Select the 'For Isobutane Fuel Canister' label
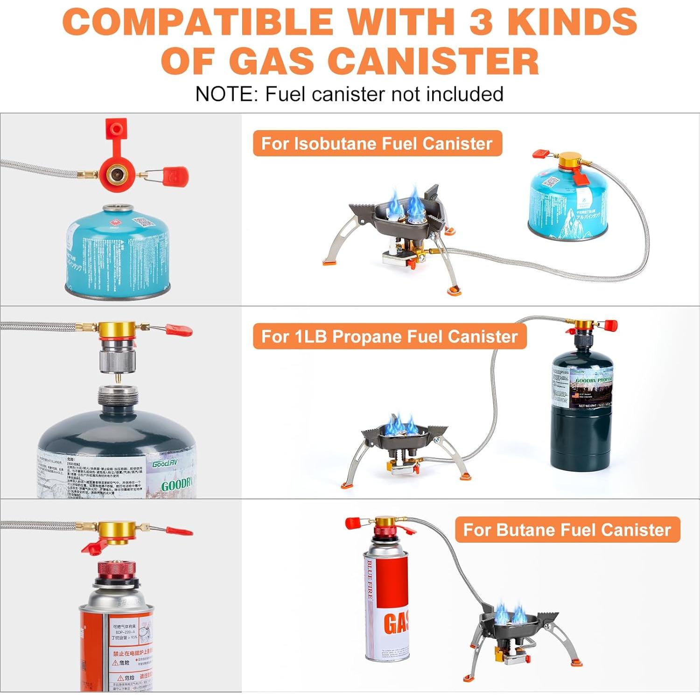(x=377, y=143)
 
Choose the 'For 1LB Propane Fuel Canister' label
(x=389, y=336)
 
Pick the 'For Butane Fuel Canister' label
(x=567, y=530)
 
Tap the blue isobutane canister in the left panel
(x=117, y=252)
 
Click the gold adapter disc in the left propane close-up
(x=117, y=329)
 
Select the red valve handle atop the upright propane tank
(x=610, y=324)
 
